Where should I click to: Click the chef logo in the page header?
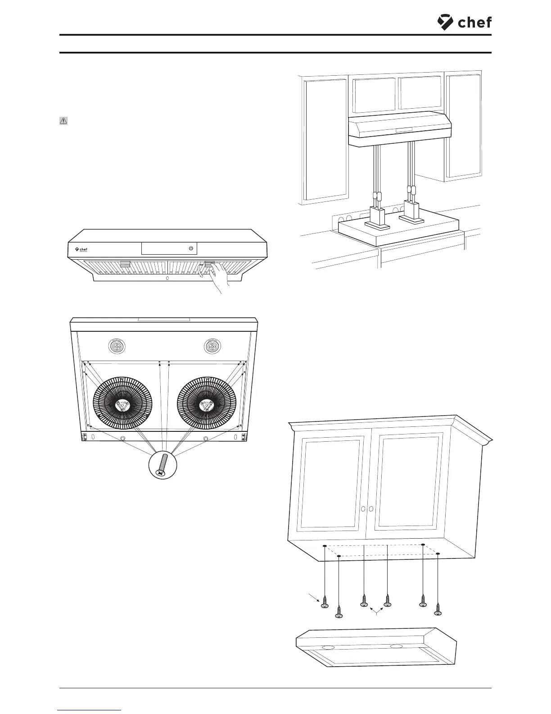click(464, 22)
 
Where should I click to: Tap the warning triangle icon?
click(63, 121)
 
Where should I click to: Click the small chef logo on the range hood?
click(81, 249)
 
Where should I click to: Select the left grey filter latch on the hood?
click(125, 264)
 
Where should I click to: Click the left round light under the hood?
click(117, 346)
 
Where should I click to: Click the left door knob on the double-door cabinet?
click(363, 508)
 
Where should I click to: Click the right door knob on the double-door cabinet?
click(371, 508)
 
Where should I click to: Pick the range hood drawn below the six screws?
click(376, 647)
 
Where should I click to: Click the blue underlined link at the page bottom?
click(90, 710)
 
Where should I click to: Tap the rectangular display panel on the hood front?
click(169, 248)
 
